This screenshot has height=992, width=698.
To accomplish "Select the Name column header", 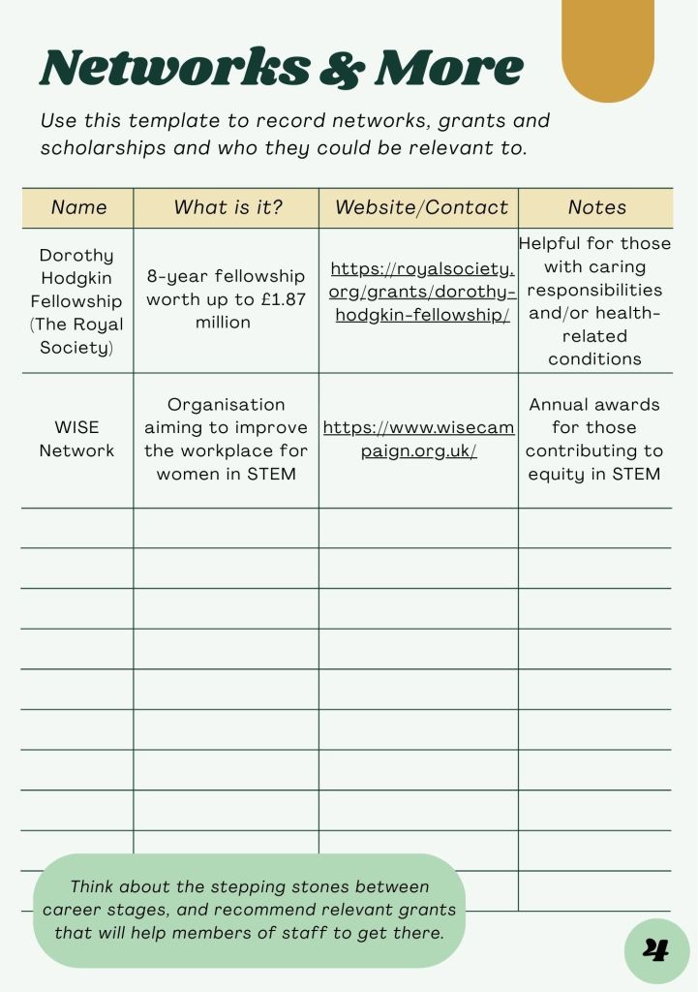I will pos(78,207).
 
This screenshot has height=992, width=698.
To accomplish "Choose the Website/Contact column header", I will pos(421,207).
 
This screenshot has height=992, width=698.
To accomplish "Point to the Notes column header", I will pos(596,207).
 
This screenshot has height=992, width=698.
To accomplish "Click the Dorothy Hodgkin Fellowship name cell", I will pos(76,301).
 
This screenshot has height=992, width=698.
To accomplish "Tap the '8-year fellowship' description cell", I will pos(226,299).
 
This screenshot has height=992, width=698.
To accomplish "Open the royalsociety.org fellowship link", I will pos(422,293).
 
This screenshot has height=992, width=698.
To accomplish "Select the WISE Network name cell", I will pos(76,439).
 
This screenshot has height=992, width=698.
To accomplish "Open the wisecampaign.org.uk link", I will pos(418,439).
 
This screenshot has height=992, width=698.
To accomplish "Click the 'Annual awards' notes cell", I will pos(594,439).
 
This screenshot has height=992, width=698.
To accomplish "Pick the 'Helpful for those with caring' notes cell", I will pos(594,300).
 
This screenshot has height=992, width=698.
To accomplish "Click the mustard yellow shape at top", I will pos(608,48).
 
